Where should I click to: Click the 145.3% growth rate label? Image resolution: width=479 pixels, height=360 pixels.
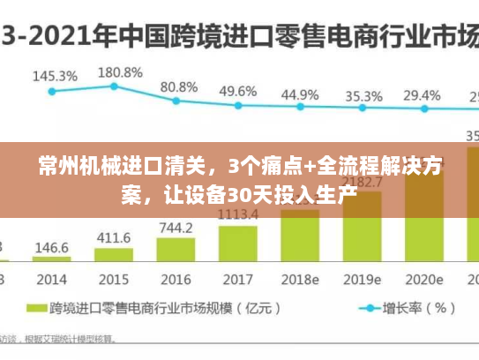(54, 76)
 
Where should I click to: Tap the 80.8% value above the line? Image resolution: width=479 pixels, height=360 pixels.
(179, 87)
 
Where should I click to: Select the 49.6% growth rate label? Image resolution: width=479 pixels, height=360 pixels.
(237, 91)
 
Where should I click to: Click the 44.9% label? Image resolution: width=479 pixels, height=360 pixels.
(300, 94)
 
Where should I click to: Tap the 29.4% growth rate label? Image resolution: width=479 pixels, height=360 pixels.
(422, 94)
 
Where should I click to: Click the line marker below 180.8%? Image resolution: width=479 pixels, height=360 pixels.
(115, 86)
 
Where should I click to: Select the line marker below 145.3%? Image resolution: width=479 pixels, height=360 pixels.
(52, 90)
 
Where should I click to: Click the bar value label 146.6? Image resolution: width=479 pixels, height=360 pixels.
(52, 247)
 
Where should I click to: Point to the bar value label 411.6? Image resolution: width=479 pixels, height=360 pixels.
(114, 238)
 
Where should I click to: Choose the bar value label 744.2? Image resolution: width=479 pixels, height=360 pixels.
(176, 229)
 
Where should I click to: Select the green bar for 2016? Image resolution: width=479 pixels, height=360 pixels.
(175, 250)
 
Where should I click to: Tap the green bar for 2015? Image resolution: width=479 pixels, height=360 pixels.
(113, 256)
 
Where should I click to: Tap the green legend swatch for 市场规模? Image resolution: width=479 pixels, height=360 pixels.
(37, 309)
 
